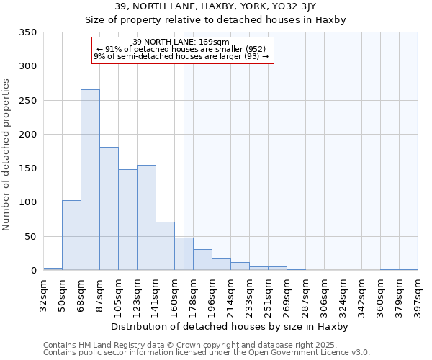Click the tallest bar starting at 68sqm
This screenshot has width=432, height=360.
point(90,180)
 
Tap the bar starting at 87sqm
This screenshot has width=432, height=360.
point(109,209)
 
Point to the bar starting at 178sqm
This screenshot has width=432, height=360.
point(202,260)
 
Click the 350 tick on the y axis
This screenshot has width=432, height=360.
point(28,32)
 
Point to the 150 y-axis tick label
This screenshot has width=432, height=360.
point(28,168)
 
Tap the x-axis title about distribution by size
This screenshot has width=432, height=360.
point(230,327)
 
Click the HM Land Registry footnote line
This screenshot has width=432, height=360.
point(186,345)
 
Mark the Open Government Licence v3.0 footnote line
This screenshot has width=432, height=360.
point(206,353)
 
